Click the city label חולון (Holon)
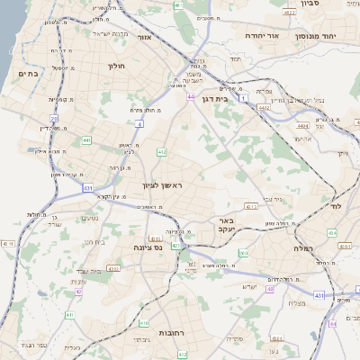point(117,65)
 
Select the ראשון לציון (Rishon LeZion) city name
point(163,185)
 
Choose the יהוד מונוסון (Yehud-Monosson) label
point(314,37)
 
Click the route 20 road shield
point(54,118)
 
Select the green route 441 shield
point(85,140)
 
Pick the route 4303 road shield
point(113,268)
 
